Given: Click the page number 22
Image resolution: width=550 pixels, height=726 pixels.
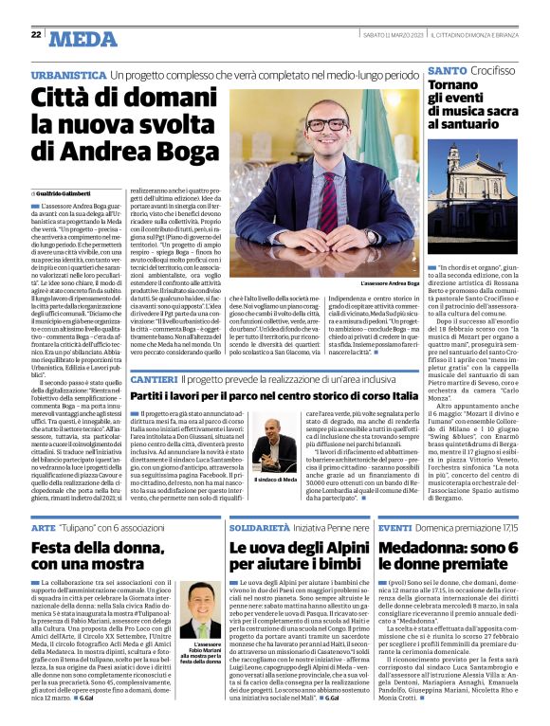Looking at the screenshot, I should coord(36,35).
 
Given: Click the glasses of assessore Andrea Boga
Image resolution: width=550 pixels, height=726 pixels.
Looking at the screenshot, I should coord(325,124).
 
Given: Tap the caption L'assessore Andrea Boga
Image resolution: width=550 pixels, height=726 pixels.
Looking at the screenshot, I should coord(390,283).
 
